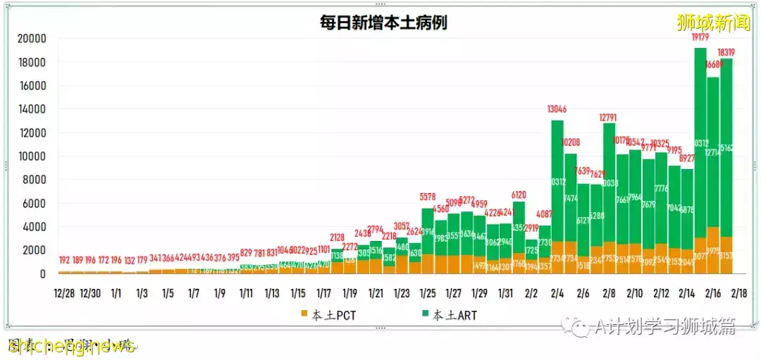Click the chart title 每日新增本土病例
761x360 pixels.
tap(383, 23)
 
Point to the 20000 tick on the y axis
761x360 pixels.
tap(32, 39)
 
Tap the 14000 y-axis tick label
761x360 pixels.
tap(32, 109)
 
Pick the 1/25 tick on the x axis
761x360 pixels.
tap(428, 292)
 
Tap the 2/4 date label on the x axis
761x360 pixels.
tap(557, 292)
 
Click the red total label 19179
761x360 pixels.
tap(700, 37)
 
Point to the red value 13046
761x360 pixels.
tap(558, 109)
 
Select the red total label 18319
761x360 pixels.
tap(727, 51)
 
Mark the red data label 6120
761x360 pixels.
tap(519, 194)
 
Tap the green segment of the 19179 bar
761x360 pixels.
tap(700, 141)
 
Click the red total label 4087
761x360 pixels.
tap(545, 214)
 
